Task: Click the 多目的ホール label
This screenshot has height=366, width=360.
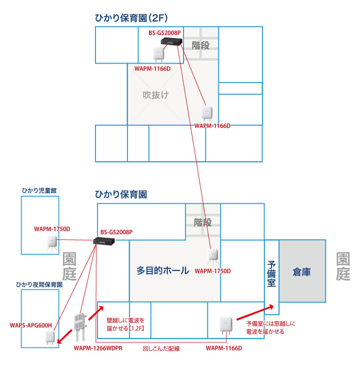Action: tap(162, 271)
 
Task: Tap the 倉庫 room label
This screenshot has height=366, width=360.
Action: tap(301, 272)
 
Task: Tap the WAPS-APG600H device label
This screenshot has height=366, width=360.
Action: tap(30, 325)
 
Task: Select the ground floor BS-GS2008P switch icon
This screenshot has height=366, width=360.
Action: tap(104, 241)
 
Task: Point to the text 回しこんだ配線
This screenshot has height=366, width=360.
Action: tap(161, 348)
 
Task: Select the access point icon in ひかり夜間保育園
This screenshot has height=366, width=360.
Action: tap(47, 338)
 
